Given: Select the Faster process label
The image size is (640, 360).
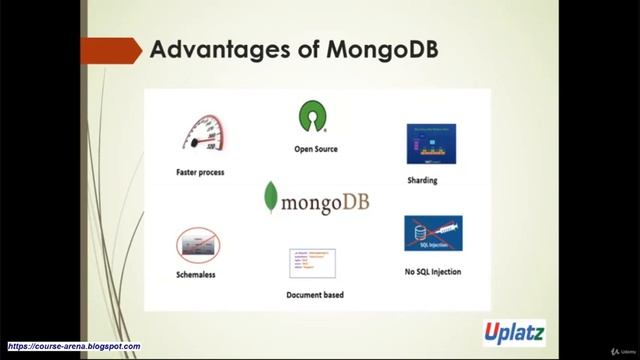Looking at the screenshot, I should (200, 172).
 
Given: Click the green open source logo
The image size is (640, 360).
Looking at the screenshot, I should (314, 117).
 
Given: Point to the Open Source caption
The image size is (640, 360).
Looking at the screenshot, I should (315, 149).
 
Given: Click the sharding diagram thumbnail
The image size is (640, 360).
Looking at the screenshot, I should (431, 144).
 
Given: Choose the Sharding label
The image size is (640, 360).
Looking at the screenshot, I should (423, 181).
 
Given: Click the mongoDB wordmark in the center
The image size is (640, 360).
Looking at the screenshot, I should (325, 202).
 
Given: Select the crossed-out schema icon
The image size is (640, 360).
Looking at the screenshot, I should (198, 244).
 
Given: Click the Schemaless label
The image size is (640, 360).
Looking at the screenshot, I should (196, 274).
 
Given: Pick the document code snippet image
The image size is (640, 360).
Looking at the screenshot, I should (312, 263).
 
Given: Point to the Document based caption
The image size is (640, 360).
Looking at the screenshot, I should (314, 295).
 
